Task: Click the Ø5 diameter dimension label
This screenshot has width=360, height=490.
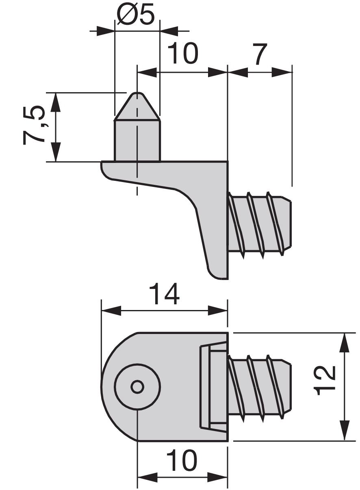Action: click(x=136, y=15)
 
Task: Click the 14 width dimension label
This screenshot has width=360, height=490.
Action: click(x=164, y=294)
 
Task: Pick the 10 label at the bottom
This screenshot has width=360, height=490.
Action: click(x=182, y=461)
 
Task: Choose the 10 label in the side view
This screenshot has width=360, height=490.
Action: click(x=182, y=53)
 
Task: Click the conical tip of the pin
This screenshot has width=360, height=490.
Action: click(x=138, y=106)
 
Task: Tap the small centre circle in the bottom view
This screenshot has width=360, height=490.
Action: click(x=137, y=387)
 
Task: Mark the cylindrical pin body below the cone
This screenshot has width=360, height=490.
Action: click(x=138, y=140)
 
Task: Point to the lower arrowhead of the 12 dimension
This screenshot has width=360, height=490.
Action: click(x=345, y=431)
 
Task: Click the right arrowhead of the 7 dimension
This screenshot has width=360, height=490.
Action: click(x=283, y=72)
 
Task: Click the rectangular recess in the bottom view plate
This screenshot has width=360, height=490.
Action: click(x=213, y=386)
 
